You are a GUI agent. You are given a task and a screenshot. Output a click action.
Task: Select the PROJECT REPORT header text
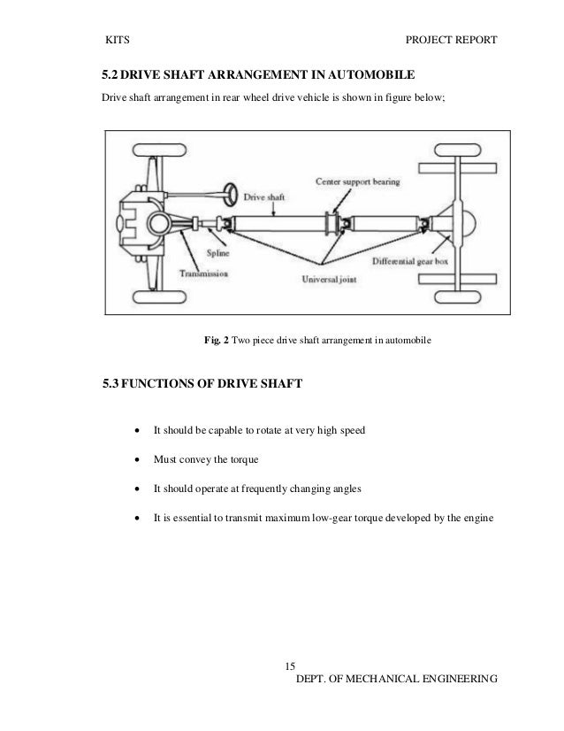pyautogui.click(x=450, y=41)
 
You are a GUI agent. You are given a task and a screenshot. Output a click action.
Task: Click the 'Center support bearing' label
pyautogui.click(x=358, y=181)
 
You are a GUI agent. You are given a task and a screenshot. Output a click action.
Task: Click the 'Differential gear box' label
pyautogui.click(x=416, y=261)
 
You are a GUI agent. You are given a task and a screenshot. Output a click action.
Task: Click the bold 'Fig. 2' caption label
pyautogui.click(x=216, y=339)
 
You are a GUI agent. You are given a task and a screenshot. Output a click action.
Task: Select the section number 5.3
pyautogui.click(x=115, y=383)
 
